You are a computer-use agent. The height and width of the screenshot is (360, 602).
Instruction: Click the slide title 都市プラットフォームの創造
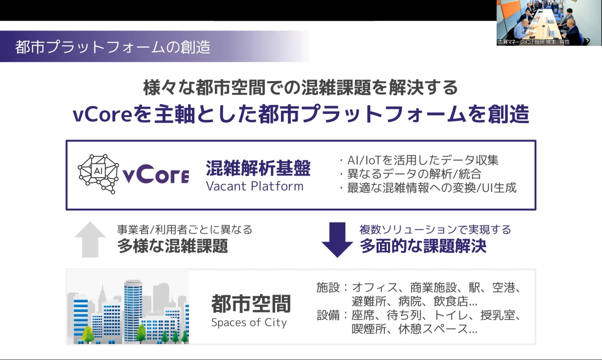click(113, 47)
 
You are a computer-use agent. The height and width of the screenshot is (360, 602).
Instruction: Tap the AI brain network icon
click(98, 174)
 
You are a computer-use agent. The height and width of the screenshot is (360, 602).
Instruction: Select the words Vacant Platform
click(254, 186)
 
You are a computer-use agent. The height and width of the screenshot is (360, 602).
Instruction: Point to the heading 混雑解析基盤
click(258, 168)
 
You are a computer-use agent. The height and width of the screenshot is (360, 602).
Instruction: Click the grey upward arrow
click(90, 239)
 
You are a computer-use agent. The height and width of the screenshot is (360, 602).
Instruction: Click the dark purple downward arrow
click(337, 240)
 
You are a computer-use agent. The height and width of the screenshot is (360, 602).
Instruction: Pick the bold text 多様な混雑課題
click(172, 246)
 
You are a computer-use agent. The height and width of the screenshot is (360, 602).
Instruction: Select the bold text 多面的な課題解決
click(423, 246)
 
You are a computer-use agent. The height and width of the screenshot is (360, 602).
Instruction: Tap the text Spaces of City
click(249, 322)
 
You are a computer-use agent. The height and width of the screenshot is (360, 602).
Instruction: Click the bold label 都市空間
click(251, 304)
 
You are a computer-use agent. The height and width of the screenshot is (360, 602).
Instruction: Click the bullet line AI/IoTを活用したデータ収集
click(420, 160)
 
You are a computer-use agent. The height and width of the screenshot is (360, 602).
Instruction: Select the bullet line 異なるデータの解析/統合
click(411, 174)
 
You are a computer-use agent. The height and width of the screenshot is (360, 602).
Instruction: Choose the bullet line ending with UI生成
click(428, 187)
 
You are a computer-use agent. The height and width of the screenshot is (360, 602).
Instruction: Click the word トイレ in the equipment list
click(450, 315)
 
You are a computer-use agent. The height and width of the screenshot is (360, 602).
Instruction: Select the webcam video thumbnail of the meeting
click(549, 22)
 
